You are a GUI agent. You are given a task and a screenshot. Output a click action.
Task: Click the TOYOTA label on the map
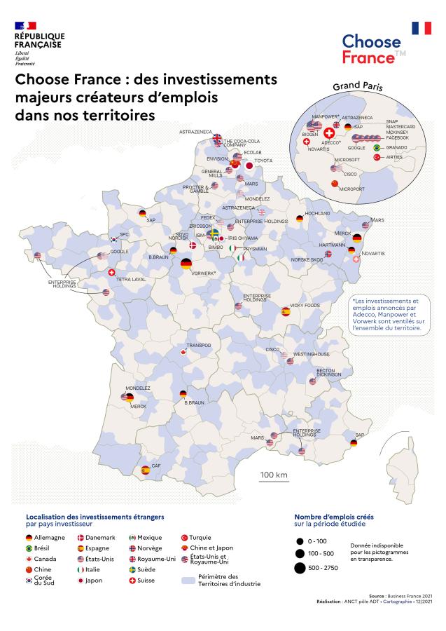click(263, 161)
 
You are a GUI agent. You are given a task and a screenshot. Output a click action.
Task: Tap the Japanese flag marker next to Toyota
click(248, 165)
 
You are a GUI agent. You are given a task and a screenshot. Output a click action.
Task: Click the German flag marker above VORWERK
click(186, 264)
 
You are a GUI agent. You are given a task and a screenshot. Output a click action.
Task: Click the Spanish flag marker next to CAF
click(146, 470)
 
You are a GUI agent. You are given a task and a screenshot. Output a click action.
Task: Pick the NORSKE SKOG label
click(307, 259)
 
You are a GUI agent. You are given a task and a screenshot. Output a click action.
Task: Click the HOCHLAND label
click(317, 212)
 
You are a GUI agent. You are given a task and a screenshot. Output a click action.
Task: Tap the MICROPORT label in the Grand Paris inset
click(352, 189)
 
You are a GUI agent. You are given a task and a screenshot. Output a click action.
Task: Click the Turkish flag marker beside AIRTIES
click(376, 158)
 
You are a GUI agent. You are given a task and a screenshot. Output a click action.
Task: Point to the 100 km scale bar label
click(274, 475)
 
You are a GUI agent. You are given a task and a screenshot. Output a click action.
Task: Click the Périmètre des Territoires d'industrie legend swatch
click(187, 581)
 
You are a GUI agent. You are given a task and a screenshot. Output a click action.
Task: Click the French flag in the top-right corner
click(421, 28)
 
